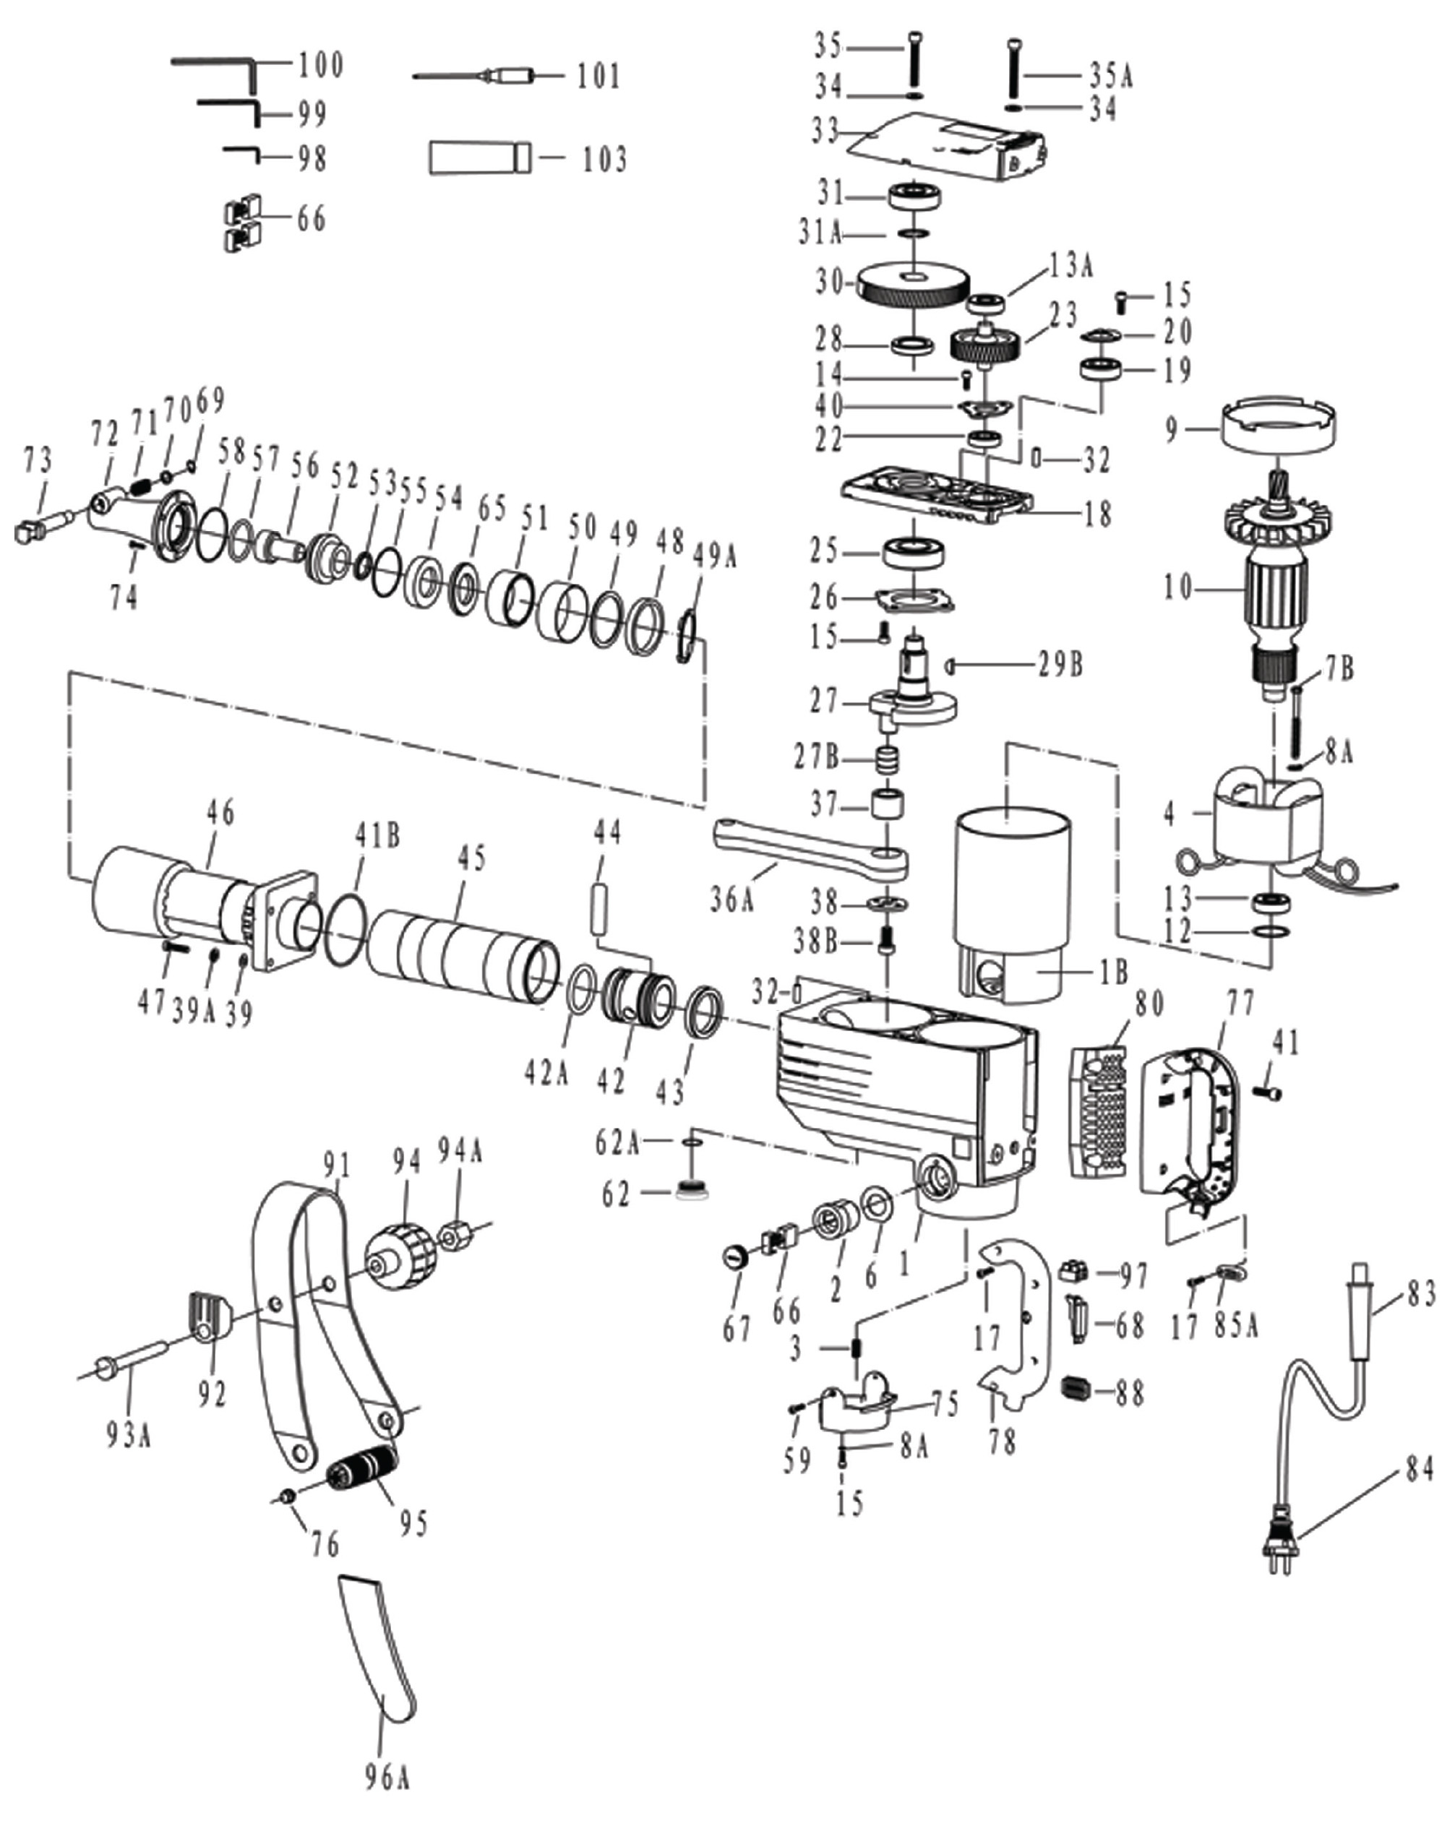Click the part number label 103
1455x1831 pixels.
coord(604,159)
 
